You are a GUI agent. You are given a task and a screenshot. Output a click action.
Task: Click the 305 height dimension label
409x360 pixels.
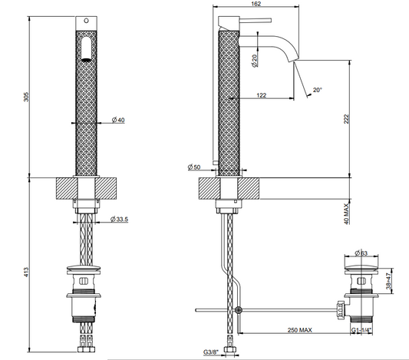click(x=27, y=97)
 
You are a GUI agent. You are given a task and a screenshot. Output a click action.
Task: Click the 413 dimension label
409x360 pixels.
click(x=27, y=272)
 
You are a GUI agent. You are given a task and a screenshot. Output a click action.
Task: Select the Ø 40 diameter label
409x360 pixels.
click(x=118, y=120)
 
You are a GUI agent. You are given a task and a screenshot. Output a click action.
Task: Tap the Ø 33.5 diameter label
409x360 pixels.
click(x=119, y=219)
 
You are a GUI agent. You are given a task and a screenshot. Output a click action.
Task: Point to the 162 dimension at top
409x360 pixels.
click(x=256, y=4)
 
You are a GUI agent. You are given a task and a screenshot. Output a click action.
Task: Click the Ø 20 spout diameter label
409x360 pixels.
click(x=255, y=61)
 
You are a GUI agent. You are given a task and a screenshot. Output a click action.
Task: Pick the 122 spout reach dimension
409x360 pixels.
click(x=262, y=95)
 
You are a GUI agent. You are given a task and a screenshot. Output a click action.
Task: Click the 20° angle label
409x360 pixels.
click(x=318, y=90)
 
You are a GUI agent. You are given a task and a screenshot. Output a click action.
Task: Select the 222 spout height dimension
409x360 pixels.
click(x=346, y=119)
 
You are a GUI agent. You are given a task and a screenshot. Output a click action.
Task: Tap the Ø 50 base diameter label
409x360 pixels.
click(x=194, y=167)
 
